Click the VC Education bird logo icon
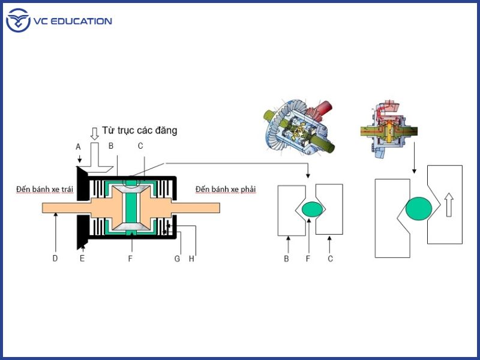point(18,21)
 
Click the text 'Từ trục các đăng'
point(139,130)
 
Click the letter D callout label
point(55,259)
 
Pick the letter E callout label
point(82,259)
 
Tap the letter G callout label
point(178,259)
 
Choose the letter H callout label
point(191,259)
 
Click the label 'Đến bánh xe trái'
point(45,190)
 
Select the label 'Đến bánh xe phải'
point(226,190)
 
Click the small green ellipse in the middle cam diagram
point(312,209)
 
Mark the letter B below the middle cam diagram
point(287,259)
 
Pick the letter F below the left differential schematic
point(130,259)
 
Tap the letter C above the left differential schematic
point(140,145)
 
